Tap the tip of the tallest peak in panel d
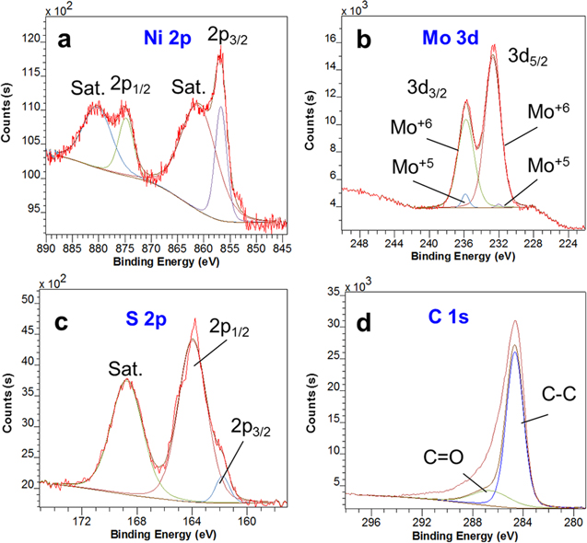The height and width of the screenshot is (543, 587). coord(515,321)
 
